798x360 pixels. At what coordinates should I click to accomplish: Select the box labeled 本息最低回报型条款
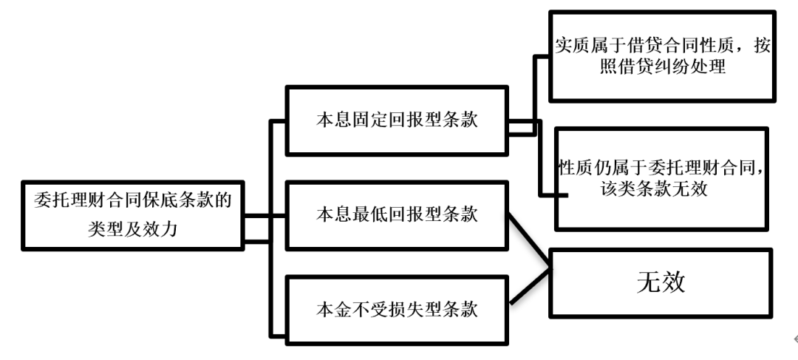[x=397, y=215]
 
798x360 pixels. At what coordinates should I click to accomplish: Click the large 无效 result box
[x=661, y=283]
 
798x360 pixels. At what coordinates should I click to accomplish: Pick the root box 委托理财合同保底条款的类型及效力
[x=133, y=215]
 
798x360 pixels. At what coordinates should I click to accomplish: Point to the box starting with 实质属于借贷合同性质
[x=662, y=56]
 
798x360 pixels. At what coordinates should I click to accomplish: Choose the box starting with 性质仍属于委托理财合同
[x=661, y=179]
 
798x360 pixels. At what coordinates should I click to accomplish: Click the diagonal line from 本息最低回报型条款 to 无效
[x=529, y=241]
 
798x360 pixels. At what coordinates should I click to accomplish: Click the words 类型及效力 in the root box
[x=133, y=230]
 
